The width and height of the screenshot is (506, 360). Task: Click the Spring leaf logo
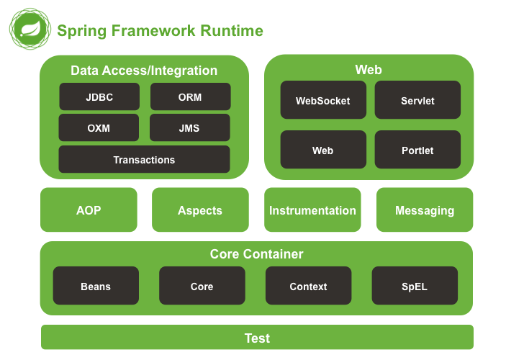coord(30,29)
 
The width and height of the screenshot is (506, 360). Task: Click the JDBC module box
coord(99,96)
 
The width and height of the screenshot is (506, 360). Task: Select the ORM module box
coord(191,96)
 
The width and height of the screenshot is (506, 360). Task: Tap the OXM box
coord(99,127)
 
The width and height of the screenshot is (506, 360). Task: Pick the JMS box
coord(190,127)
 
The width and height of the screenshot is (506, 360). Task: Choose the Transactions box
coord(144,159)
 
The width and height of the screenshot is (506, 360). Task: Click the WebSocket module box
coord(323,100)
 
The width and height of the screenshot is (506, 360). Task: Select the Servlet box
coord(417,100)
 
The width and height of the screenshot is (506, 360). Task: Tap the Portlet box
coord(417,150)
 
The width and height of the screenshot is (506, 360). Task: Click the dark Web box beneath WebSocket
coord(323,150)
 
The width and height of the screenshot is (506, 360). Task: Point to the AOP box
coord(89,210)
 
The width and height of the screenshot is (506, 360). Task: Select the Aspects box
coord(200,210)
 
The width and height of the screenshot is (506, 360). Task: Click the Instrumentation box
coord(312,210)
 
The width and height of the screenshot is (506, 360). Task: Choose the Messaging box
coord(425,210)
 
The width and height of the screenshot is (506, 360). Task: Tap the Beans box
coord(96,285)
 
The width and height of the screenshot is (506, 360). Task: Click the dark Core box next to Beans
coord(202,285)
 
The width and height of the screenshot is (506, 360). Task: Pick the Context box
coord(309,285)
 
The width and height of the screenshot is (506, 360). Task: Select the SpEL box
coord(415,285)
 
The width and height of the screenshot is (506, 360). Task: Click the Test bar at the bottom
coord(257,337)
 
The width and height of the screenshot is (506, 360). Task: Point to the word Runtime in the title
coord(232,31)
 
